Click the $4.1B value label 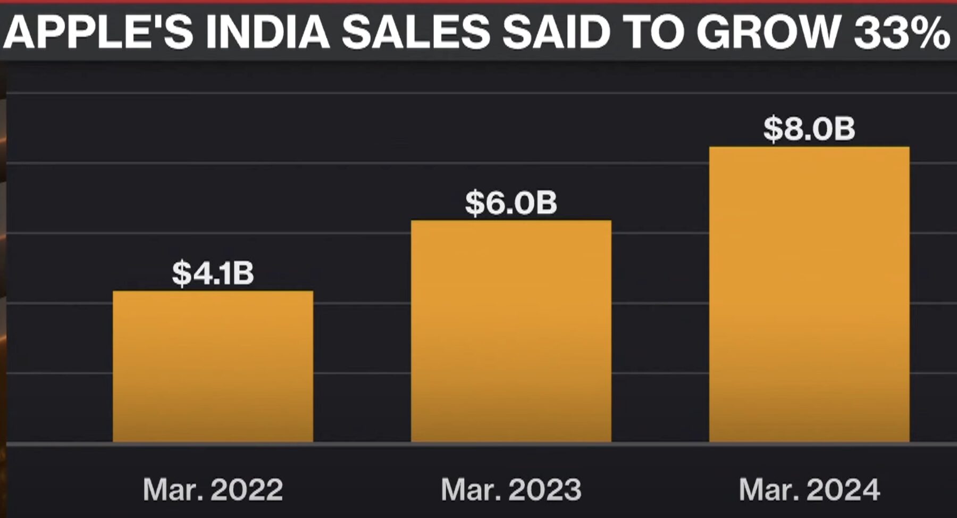tap(213, 273)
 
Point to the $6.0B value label tap(511, 203)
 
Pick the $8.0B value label tap(809, 129)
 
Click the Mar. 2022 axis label tap(213, 489)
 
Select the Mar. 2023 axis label tap(511, 489)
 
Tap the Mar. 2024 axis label tap(809, 489)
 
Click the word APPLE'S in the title tap(99, 31)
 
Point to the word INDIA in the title tap(267, 31)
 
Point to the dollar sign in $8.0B tap(774, 129)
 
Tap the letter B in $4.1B tap(243, 273)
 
